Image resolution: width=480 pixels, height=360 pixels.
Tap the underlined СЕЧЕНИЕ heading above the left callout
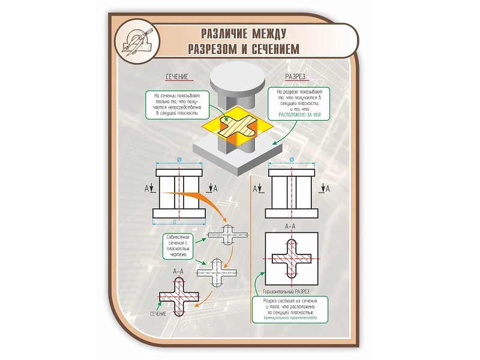(177, 77)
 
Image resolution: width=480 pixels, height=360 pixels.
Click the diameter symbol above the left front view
(180, 160)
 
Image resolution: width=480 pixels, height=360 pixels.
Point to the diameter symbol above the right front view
(292, 160)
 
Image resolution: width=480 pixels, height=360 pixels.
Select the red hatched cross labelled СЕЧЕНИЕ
(178, 298)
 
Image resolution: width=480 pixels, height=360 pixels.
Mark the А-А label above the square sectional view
(290, 226)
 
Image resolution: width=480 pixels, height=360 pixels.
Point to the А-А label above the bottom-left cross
(178, 272)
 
